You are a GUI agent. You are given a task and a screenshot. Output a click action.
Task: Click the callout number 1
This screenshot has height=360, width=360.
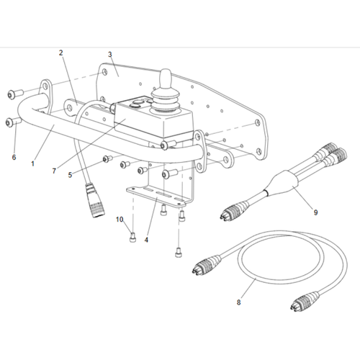[x=33, y=164]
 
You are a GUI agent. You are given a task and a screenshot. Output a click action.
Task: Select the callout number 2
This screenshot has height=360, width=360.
[x=61, y=53]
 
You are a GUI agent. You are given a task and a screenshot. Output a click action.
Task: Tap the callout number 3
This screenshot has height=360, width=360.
[x=110, y=55]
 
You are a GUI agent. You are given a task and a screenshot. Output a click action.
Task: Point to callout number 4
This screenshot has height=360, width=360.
[x=146, y=240]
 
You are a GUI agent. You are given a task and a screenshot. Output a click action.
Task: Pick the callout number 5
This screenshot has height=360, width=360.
[x=70, y=175]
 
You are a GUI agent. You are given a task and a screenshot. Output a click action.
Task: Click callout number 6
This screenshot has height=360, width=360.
[x=14, y=158]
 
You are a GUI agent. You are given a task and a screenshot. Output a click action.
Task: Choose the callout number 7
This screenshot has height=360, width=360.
[x=54, y=171]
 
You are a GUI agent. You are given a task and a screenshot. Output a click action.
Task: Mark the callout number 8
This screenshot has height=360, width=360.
[x=238, y=302]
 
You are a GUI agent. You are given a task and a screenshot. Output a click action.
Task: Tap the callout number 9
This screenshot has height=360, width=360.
[x=315, y=212]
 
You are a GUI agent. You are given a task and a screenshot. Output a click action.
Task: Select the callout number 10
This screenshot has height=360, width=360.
[x=120, y=220]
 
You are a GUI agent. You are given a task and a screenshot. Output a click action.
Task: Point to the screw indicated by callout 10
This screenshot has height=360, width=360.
[x=132, y=238]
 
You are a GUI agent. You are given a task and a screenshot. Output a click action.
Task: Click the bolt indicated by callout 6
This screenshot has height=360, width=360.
[x=12, y=122]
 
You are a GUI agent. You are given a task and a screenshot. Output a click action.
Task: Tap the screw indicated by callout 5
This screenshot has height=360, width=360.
[x=107, y=158]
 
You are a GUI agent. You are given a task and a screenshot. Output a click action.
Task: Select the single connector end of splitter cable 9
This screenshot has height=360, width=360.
[x=233, y=210]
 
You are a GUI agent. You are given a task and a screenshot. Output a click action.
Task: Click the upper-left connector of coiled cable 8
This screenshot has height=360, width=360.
[x=206, y=265]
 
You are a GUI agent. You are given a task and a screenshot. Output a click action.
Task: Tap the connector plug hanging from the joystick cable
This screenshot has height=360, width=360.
[x=96, y=200]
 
